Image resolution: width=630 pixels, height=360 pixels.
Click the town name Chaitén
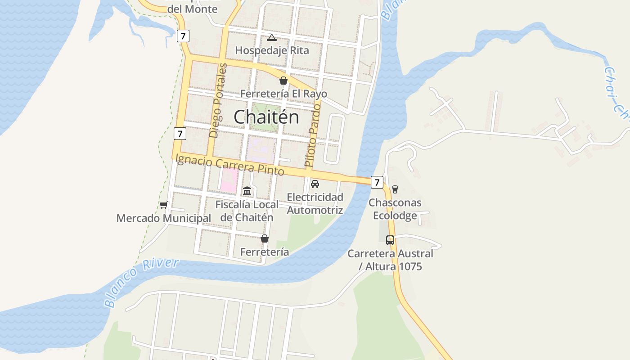coord(266,117)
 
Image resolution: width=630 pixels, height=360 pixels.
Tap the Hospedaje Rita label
coord(272,50)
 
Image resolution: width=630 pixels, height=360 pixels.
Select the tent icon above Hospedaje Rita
coord(271,37)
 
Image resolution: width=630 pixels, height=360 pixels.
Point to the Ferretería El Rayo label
coord(283,94)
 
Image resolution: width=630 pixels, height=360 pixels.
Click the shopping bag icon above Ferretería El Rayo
coord(283,81)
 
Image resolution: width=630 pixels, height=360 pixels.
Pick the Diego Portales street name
coord(218,100)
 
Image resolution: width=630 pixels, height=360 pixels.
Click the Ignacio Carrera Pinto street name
coord(230,164)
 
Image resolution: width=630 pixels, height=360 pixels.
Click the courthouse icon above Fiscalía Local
coord(247,191)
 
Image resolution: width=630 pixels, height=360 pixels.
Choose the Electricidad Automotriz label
coord(315,203)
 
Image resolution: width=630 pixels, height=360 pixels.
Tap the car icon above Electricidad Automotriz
coord(315,184)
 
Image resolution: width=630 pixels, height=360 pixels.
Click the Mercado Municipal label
coord(164,218)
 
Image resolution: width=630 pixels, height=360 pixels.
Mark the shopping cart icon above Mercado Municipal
coord(163,205)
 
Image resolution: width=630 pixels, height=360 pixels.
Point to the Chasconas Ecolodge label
coord(395,209)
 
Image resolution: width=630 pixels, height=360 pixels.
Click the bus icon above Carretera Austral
coord(390,240)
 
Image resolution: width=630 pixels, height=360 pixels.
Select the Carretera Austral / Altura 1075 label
coord(390,260)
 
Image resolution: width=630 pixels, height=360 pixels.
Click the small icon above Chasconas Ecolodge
coord(395,189)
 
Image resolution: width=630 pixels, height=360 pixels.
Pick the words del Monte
coord(192,9)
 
